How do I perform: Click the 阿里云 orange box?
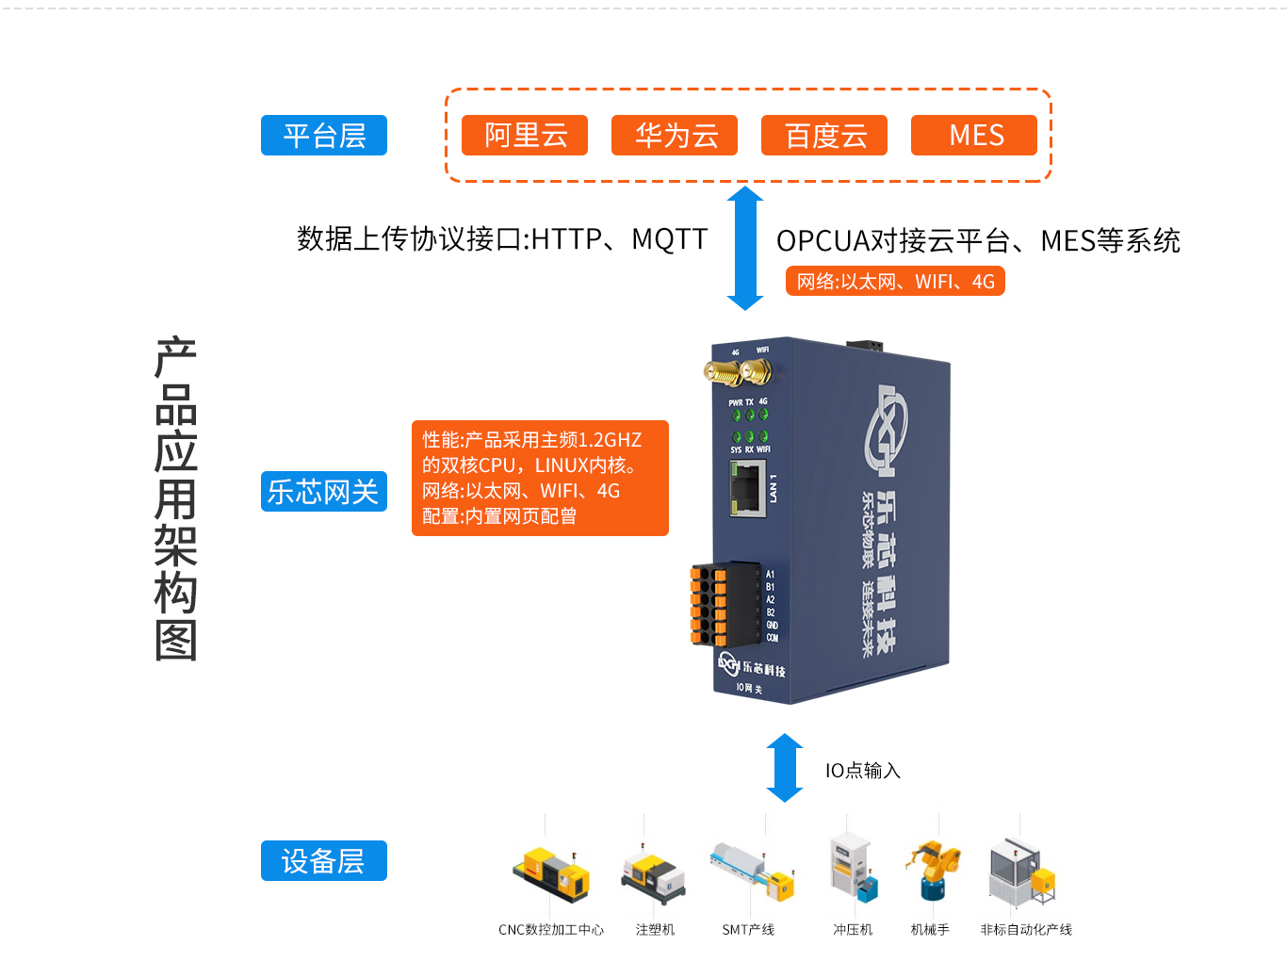525,135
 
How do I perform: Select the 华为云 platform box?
675,135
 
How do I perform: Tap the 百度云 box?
824,135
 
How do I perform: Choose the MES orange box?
974,135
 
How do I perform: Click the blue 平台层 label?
324,135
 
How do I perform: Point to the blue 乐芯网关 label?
324,491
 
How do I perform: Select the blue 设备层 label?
324,860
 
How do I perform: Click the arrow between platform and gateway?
745,248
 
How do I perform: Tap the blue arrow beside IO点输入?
785,768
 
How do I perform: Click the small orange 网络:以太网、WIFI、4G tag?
895,281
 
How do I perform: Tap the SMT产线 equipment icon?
753,870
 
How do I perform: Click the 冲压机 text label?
853,930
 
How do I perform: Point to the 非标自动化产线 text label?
1026,930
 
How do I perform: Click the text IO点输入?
863,771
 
